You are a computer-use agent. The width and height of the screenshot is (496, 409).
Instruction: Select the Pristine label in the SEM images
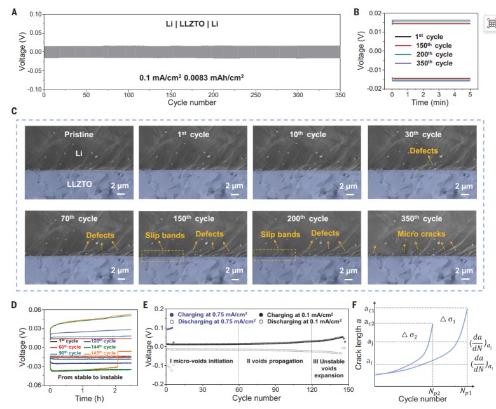79,135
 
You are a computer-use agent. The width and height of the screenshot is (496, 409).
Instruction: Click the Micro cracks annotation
422,234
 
